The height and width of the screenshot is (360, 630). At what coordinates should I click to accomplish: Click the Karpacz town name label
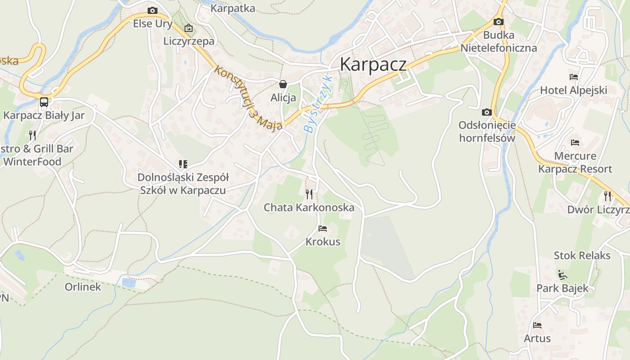coord(373,64)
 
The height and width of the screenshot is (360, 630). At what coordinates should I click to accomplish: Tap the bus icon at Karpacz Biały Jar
coord(44,102)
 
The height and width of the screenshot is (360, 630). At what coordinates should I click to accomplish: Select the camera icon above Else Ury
coord(153,10)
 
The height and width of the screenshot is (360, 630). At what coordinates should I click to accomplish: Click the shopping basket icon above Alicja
coord(283,84)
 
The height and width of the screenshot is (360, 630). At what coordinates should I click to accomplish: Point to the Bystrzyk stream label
coord(318,104)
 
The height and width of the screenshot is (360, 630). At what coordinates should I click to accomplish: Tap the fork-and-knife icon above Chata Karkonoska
coord(309,194)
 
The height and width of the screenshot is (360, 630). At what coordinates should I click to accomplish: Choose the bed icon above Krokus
coord(323,229)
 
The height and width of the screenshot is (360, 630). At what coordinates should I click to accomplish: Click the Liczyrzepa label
coord(189,41)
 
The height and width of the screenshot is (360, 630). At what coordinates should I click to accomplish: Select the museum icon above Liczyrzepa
coord(189,28)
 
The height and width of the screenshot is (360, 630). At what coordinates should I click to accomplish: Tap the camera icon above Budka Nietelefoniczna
coord(498,22)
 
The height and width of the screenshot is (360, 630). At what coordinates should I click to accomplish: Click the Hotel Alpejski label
coord(573,90)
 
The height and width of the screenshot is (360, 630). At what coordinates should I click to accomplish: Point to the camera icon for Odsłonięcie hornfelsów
coord(486,112)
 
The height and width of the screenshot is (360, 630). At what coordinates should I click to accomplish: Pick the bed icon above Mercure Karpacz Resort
coord(575,143)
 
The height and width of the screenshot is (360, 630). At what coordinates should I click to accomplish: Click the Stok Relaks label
coord(582,256)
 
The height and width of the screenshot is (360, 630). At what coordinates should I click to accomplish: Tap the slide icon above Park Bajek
coord(562,274)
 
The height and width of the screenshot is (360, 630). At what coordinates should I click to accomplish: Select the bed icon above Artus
coord(537,325)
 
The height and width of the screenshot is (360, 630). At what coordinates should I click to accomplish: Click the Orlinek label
coord(83,287)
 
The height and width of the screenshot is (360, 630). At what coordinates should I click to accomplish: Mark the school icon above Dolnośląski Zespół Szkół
coord(183,164)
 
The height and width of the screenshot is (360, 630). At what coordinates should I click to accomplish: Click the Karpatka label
coord(233,8)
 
